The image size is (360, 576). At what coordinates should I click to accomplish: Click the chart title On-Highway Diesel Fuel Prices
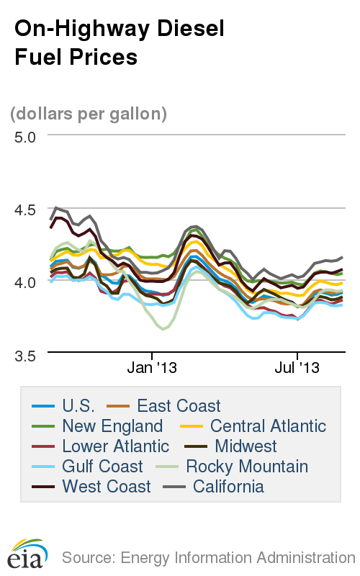pyautogui.click(x=120, y=42)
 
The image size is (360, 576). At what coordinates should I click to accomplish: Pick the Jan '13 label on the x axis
pyautogui.click(x=152, y=368)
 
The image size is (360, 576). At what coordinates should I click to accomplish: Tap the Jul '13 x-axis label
pyautogui.click(x=297, y=368)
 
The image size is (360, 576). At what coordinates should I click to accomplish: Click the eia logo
pyautogui.click(x=27, y=553)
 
